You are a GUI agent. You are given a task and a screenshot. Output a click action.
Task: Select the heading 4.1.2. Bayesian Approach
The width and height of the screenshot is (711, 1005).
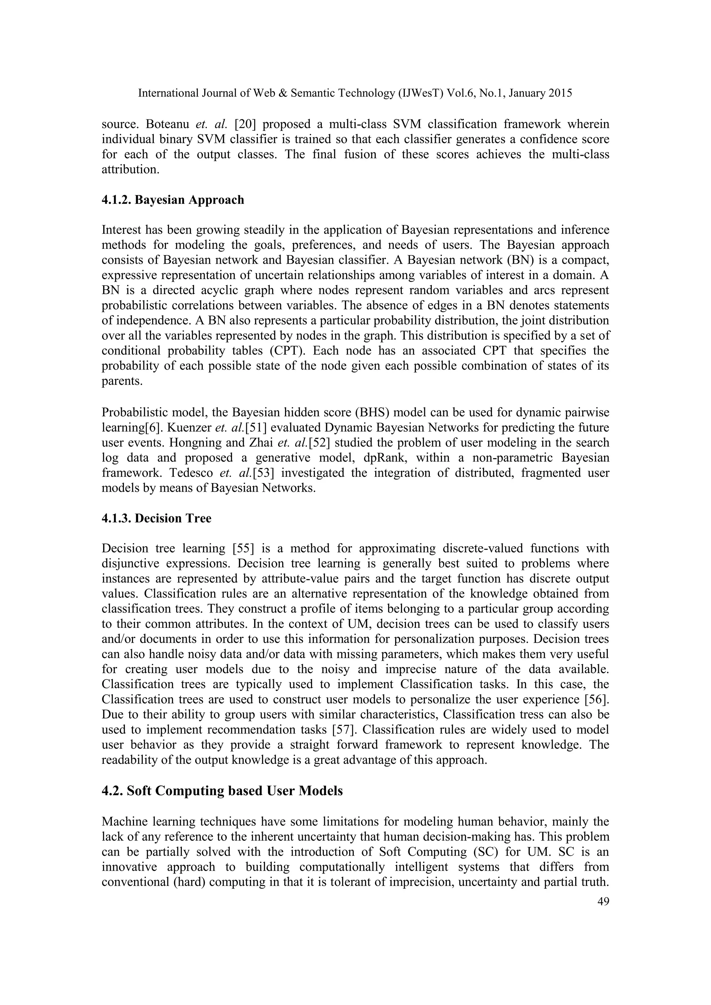tap(173, 200)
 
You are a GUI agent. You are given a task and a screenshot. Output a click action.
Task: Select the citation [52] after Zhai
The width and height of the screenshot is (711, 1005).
tap(319, 442)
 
